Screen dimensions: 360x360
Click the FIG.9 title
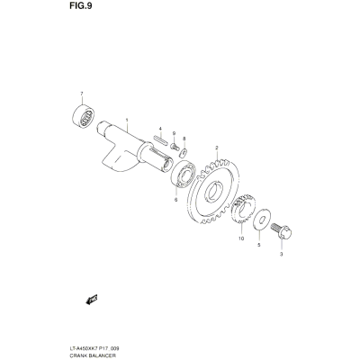pyautogui.click(x=81, y=6)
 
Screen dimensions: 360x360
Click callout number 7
pyautogui.click(x=82, y=94)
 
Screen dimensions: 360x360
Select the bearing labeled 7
pyautogui.click(x=84, y=116)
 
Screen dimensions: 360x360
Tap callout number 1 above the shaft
pyautogui.click(x=127, y=120)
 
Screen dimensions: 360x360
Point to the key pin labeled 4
pyautogui.click(x=159, y=140)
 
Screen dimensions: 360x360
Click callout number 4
pyautogui.click(x=160, y=129)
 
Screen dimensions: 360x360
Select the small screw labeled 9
pyautogui.click(x=175, y=147)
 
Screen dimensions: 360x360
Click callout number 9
pyautogui.click(x=174, y=133)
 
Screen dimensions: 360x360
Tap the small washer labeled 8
pyautogui.click(x=183, y=153)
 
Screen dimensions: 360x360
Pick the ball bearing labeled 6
pyautogui.click(x=184, y=174)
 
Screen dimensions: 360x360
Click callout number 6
pyautogui.click(x=175, y=200)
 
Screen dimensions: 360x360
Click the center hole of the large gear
pyautogui.click(x=214, y=192)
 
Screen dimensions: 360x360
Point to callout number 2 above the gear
pyautogui.click(x=216, y=148)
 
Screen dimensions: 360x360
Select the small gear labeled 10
pyautogui.click(x=243, y=209)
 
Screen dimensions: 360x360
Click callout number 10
pyautogui.click(x=241, y=238)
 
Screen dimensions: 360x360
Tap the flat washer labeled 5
pyautogui.click(x=262, y=220)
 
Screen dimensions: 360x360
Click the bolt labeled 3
pyautogui.click(x=282, y=231)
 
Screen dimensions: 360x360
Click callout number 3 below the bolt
pyautogui.click(x=281, y=255)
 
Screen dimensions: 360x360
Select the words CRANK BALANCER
pyautogui.click(x=88, y=355)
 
